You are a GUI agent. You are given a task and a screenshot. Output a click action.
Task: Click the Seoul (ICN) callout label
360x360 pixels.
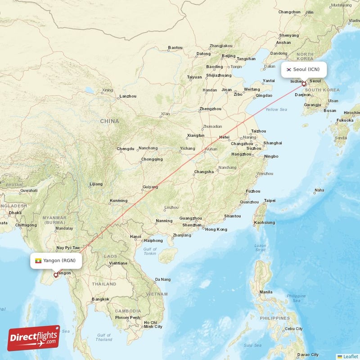304,69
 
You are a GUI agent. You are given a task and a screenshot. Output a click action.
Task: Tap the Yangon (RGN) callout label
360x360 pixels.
56,261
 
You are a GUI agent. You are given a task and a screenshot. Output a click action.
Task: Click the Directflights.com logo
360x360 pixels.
34,337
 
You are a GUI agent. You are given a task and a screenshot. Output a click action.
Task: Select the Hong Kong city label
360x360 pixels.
216,229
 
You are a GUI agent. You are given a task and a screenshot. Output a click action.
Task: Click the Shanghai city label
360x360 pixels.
273,143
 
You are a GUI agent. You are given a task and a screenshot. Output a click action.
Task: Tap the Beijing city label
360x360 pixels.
229,56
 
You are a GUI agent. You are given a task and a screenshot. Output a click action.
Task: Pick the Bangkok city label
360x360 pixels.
100,299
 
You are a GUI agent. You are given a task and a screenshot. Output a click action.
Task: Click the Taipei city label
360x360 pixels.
270,200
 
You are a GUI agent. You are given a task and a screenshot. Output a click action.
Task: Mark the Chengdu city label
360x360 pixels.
126,148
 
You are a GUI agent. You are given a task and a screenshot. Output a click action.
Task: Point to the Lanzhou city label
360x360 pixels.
128,96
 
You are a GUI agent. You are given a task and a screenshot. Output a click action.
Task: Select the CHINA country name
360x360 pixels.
109,121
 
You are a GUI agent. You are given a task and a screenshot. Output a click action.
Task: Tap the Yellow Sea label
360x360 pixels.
276,109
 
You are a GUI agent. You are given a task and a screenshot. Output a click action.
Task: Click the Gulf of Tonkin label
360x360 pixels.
150,252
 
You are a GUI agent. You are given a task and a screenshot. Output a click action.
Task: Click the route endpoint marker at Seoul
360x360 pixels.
304,84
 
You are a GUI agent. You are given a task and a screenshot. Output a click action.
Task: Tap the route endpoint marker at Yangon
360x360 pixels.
55,274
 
